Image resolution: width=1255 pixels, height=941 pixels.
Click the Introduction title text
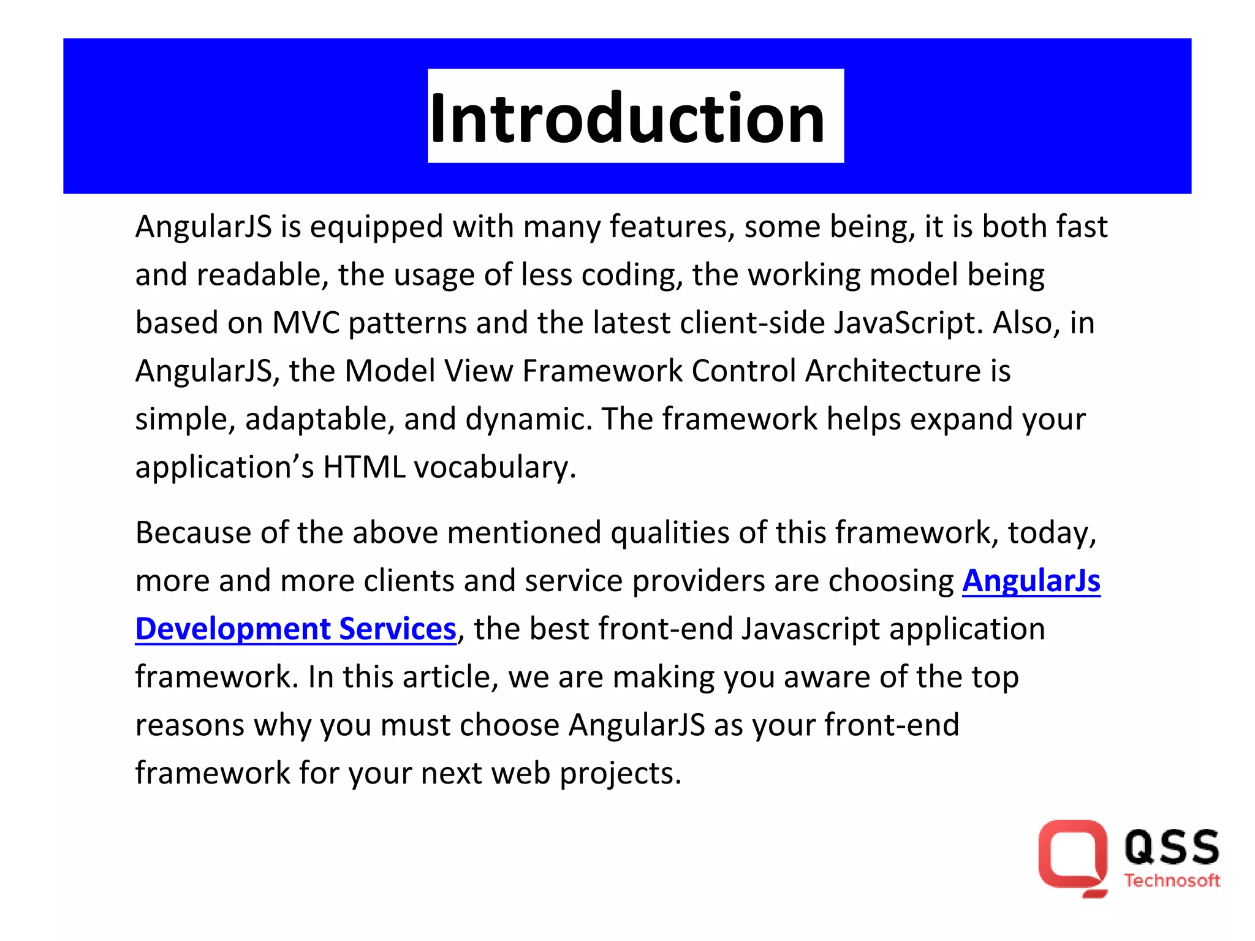[627, 118]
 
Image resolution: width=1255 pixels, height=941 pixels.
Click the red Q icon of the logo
[1072, 858]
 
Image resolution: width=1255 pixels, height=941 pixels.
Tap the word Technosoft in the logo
[1172, 881]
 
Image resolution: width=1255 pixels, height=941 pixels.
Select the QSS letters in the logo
[1172, 848]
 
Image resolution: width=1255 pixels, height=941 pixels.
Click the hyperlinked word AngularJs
[1031, 581]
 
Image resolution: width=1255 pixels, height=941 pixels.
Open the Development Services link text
[295, 629]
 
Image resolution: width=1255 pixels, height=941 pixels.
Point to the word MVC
[306, 323]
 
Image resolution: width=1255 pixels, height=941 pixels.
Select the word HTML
[364, 467]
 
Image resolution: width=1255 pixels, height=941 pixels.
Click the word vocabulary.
[495, 467]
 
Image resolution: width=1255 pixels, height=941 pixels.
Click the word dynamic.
[528, 420]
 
